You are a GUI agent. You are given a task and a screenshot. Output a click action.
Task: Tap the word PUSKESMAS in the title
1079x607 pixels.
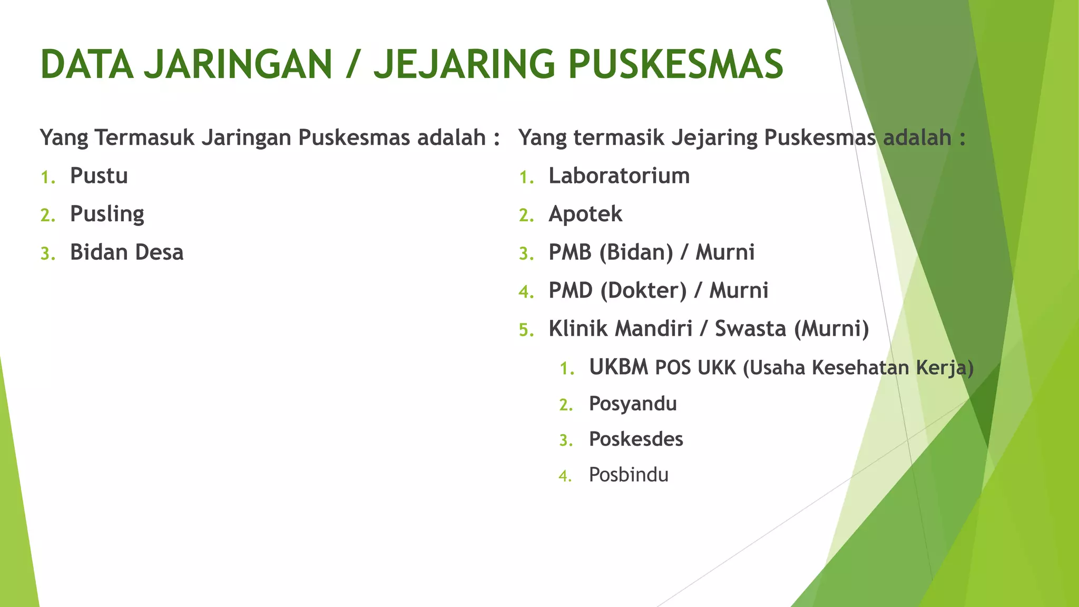tap(676, 65)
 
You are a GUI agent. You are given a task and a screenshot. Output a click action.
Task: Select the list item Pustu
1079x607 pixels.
tap(99, 176)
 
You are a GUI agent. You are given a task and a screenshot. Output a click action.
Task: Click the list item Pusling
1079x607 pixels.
tap(107, 214)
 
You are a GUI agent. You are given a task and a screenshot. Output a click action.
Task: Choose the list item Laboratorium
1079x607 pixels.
tap(619, 176)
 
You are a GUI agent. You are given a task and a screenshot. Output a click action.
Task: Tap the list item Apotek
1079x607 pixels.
tap(585, 214)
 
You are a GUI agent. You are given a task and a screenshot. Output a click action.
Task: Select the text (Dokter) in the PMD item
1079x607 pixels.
tap(643, 291)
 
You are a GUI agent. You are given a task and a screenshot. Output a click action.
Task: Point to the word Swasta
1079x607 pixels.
tap(750, 329)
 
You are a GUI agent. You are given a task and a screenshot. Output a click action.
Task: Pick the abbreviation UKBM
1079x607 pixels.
tap(619, 367)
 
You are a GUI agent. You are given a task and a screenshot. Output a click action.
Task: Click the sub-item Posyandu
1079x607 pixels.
tap(633, 404)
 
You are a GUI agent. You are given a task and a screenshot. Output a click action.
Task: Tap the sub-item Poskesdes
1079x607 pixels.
tap(636, 439)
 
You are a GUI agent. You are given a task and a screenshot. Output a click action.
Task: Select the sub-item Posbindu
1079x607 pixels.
tap(629, 475)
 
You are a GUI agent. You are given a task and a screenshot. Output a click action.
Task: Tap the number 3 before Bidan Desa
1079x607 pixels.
tap(47, 254)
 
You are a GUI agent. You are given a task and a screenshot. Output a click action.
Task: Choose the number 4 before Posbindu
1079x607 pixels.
tap(565, 476)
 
